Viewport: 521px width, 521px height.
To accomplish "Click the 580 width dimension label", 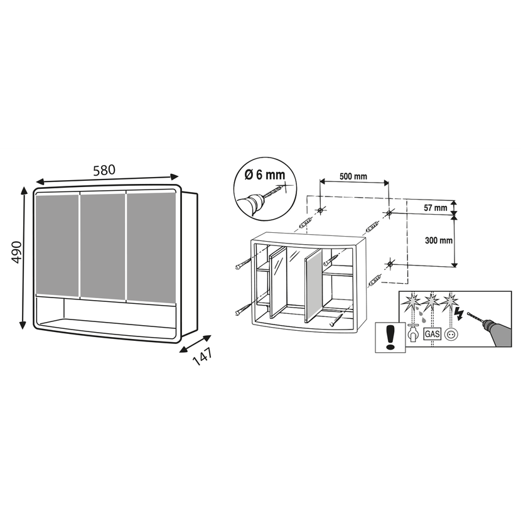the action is [x=104, y=170].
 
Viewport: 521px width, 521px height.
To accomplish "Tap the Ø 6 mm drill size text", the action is [x=265, y=175].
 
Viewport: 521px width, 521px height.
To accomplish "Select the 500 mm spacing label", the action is [x=353, y=176].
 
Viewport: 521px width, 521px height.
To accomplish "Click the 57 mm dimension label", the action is [x=436, y=208].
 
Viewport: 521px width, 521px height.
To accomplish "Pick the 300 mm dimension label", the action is [x=439, y=240].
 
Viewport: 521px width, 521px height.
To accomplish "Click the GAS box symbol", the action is [x=432, y=333].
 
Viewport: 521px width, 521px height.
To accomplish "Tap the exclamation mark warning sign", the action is [x=390, y=337].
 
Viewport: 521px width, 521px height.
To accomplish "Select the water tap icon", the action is [x=413, y=333].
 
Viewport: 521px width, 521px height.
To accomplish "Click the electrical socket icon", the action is [x=450, y=334].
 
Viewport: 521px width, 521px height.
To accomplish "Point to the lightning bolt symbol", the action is [x=460, y=313].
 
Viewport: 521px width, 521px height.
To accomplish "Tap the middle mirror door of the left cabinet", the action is [x=103, y=247].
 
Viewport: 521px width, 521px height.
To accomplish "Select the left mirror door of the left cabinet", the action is [x=57, y=245].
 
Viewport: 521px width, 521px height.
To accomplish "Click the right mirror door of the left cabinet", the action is [x=151, y=247].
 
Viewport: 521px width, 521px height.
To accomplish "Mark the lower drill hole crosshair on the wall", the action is [x=389, y=264].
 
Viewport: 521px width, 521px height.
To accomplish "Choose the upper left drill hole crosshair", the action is [x=320, y=210].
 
